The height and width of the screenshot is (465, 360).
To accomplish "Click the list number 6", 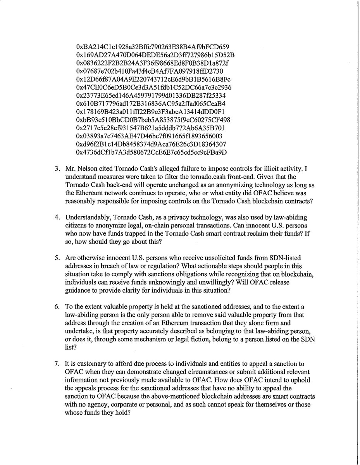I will [56, 295].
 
